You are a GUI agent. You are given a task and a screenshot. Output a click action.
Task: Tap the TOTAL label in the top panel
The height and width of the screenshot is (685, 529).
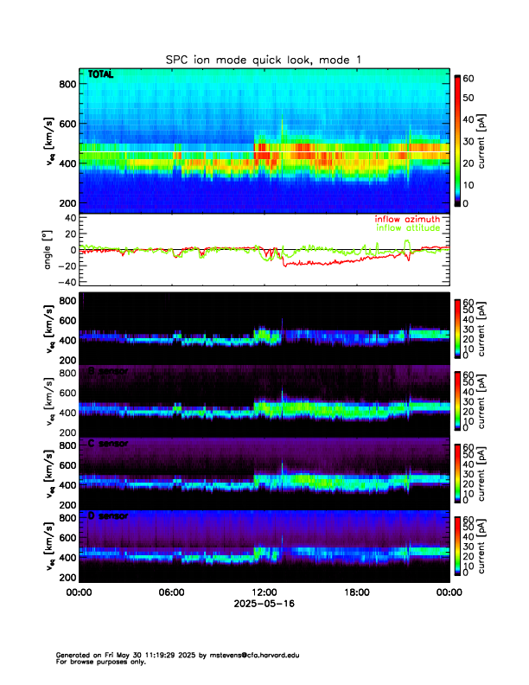pyautogui.click(x=101, y=75)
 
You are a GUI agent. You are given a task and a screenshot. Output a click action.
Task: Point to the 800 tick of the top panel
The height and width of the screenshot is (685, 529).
pyautogui.click(x=67, y=83)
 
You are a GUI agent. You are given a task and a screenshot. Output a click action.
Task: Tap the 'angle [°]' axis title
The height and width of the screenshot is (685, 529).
pyautogui.click(x=48, y=250)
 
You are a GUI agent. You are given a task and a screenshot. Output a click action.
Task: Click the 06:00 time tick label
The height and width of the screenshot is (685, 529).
pyautogui.click(x=171, y=592)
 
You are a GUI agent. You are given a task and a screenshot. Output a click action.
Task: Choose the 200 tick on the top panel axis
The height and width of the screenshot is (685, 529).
pyautogui.click(x=67, y=202)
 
